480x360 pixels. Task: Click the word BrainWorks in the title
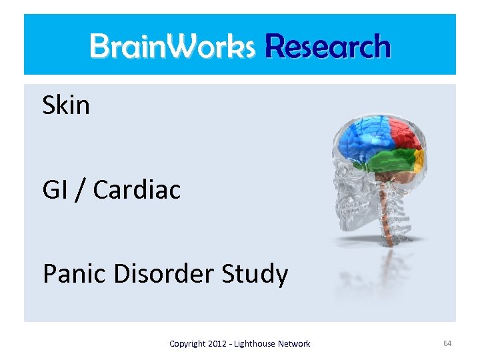[172, 46]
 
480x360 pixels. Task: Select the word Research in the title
[327, 46]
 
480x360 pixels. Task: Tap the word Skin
[66, 105]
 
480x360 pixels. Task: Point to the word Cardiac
[137, 190]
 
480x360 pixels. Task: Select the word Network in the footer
[295, 344]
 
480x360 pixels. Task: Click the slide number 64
[447, 343]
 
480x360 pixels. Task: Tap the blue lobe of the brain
[357, 137]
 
